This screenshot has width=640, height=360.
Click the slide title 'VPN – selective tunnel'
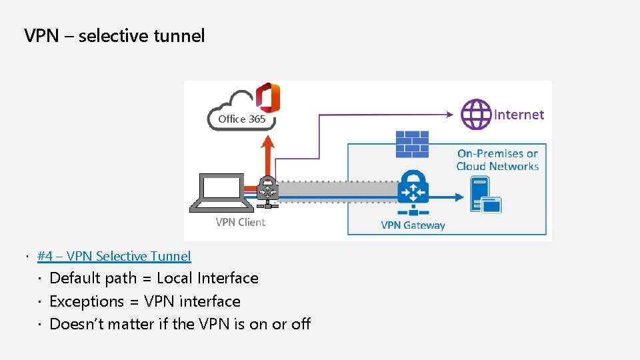coord(114,35)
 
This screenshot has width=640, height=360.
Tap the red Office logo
coord(269,98)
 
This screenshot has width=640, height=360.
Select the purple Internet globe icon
coord(476,114)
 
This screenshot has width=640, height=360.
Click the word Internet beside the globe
coord(519,115)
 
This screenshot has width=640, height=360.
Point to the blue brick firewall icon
coord(412,144)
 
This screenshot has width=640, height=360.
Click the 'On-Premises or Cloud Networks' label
coord(497,160)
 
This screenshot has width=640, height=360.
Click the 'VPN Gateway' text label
coord(413,225)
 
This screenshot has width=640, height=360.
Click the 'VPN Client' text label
coord(240,222)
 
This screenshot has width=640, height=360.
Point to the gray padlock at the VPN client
coord(267,190)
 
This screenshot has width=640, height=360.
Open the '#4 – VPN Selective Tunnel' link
coord(114,256)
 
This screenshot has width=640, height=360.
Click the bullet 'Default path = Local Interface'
coord(154,278)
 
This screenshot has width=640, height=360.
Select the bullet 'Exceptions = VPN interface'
coord(145,301)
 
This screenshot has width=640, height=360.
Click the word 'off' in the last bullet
coord(301,324)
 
